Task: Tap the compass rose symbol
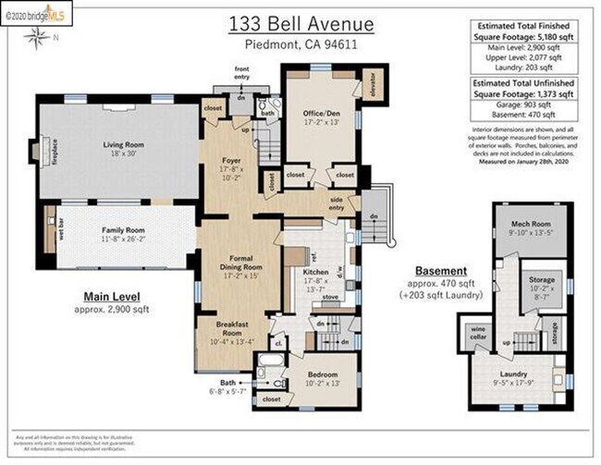point(38,37)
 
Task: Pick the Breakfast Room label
point(226,331)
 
